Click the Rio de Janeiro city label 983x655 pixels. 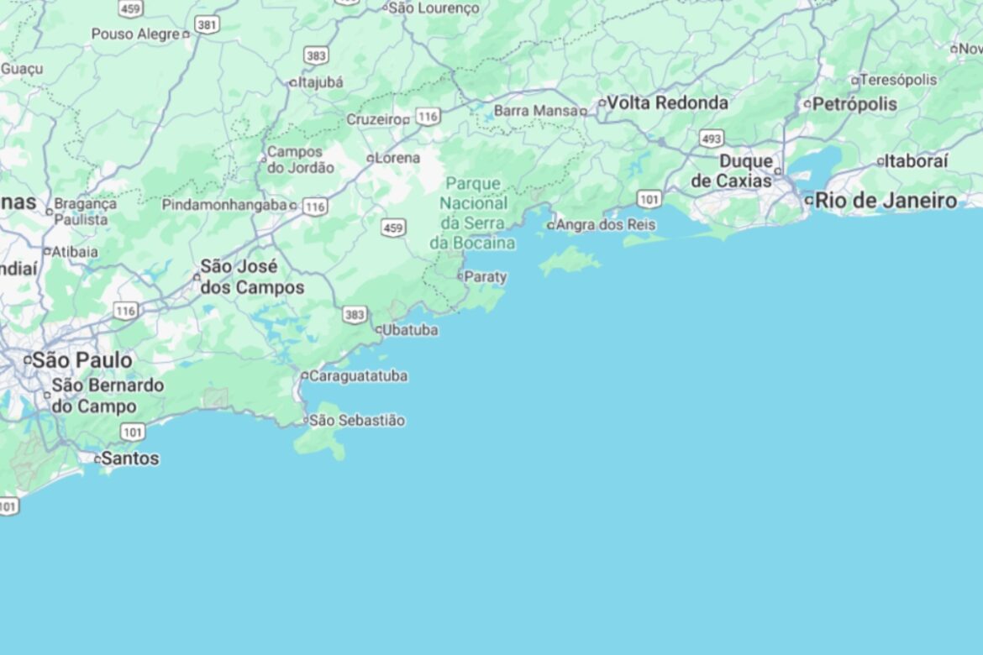coord(886,201)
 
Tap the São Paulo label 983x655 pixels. coord(81,360)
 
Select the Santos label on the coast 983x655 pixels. coord(129,458)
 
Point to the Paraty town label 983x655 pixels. coord(486,276)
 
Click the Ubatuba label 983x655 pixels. coord(410,330)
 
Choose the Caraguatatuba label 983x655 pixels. coord(358,375)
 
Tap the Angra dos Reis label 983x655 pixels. coord(605,225)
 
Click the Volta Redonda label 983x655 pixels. coord(667,102)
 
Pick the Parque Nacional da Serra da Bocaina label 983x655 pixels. coord(473,212)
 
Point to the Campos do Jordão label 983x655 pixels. coord(300,160)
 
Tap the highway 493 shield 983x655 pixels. coord(711,138)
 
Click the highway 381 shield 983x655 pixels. coord(206,25)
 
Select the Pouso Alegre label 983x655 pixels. coord(135,34)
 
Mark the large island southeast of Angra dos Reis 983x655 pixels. coord(570,260)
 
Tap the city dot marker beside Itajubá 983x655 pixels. coord(292,83)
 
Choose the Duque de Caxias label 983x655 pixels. coord(731,170)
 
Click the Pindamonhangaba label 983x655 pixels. coord(223,205)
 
